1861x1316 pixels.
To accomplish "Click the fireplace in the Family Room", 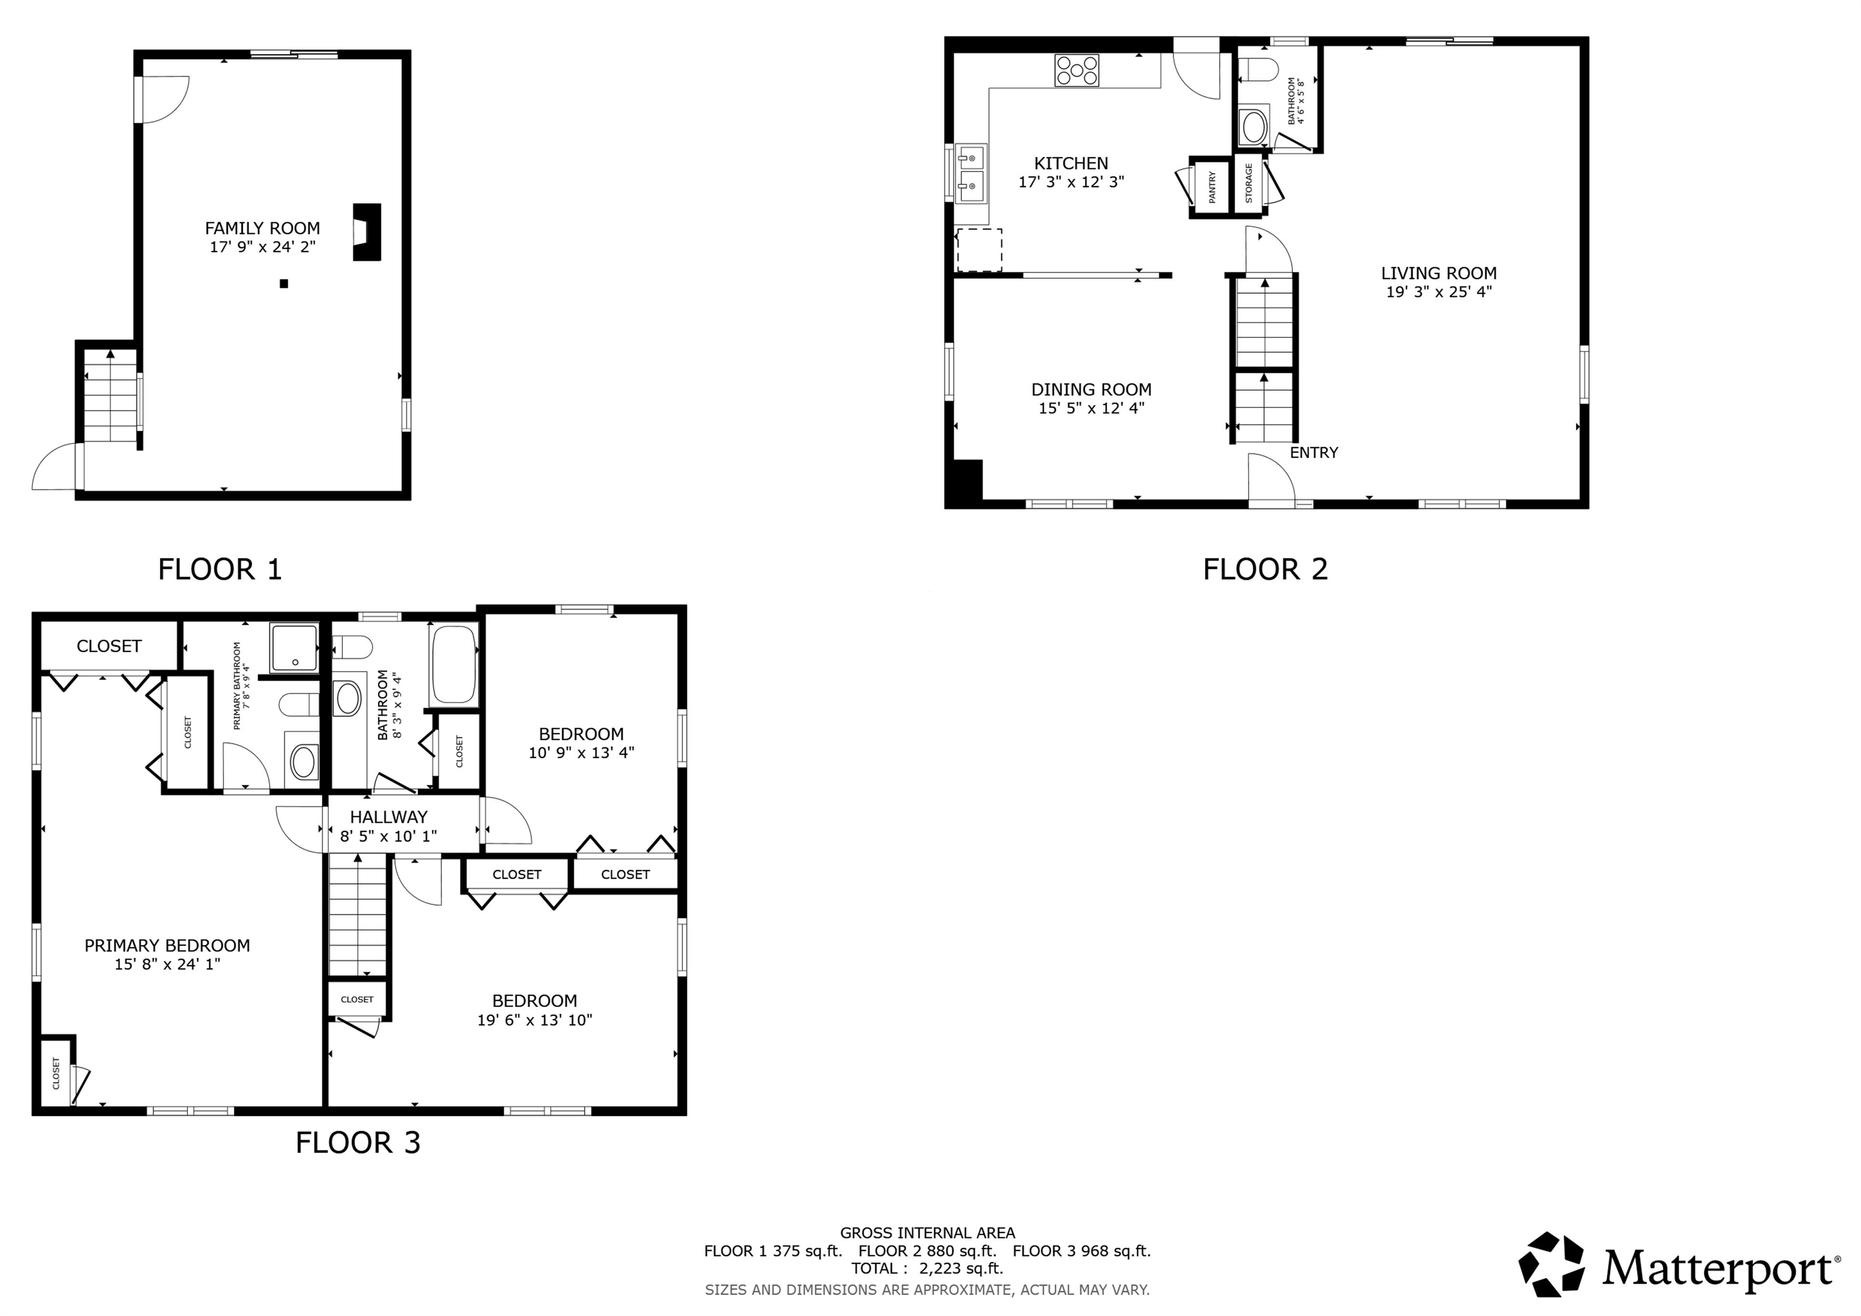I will [x=367, y=232].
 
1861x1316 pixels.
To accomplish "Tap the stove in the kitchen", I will [x=1076, y=70].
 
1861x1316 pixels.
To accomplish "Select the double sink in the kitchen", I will [x=970, y=173].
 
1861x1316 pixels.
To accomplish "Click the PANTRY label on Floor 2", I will [x=1212, y=187].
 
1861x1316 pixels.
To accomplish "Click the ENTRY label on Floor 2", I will [x=1313, y=453].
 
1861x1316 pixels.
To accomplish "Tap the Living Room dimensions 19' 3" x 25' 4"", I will [x=1438, y=292].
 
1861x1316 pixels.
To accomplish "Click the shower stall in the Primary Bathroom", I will [x=295, y=647].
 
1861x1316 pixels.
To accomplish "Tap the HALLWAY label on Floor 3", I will [x=388, y=817].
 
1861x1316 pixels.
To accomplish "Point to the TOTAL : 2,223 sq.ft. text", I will [x=926, y=1268].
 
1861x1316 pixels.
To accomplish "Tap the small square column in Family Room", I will [x=284, y=284].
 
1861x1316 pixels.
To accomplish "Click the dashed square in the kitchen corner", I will [x=979, y=250].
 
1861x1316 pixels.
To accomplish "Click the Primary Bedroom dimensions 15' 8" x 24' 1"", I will [x=167, y=964].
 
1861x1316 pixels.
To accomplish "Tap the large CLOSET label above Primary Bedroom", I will [x=108, y=646].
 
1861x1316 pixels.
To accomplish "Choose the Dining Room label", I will [x=1091, y=389].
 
